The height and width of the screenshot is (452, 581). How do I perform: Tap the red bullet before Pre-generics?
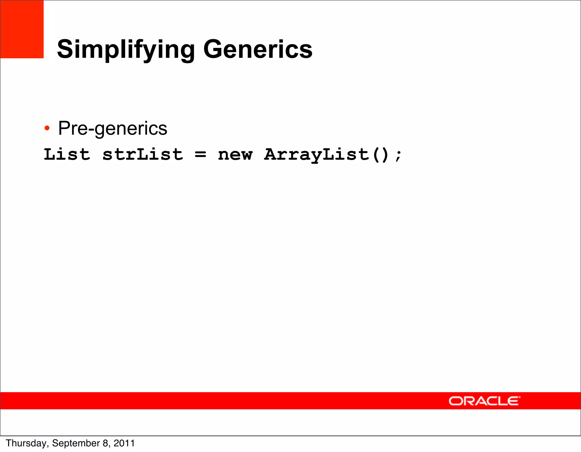tap(47, 128)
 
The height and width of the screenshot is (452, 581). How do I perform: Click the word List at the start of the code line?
tap(67, 155)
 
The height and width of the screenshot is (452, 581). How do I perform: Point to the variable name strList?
tap(143, 155)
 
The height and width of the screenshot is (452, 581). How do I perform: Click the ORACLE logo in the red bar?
tap(484, 401)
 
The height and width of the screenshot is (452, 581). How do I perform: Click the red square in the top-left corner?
tap(22, 29)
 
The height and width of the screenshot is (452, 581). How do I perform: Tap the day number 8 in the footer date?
tap(106, 443)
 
